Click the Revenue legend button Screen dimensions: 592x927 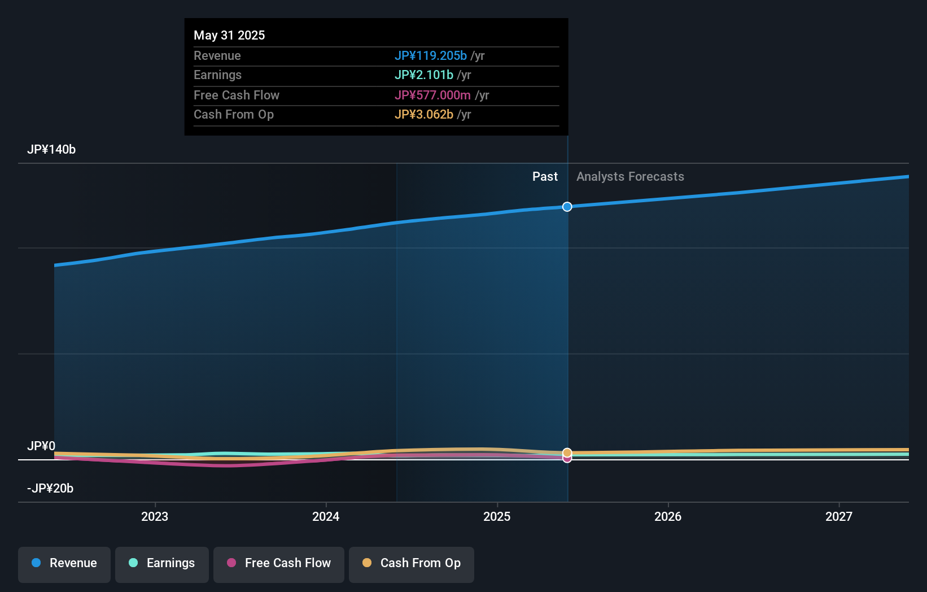point(64,563)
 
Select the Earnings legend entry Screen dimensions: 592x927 point(162,563)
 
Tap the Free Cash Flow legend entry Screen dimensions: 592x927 point(279,563)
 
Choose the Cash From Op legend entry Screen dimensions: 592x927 point(412,563)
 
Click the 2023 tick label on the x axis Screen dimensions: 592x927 point(155,516)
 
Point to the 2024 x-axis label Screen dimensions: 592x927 point(326,516)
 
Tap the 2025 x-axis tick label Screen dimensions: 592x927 point(497,516)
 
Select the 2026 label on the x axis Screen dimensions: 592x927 point(668,516)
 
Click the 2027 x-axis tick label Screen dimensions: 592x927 point(839,516)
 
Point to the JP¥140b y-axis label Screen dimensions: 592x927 point(51,150)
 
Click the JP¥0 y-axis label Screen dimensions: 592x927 point(41,446)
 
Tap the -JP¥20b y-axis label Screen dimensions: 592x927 point(50,489)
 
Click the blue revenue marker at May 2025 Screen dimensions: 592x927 point(567,207)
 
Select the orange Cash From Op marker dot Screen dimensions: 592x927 point(567,452)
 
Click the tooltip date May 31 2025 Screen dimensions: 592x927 point(229,36)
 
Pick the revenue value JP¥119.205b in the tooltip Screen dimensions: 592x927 point(431,56)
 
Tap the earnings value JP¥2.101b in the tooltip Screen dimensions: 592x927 point(424,75)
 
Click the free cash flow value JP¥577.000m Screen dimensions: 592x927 point(432,95)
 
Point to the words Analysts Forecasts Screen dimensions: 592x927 point(630,177)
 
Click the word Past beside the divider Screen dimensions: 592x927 point(545,177)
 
